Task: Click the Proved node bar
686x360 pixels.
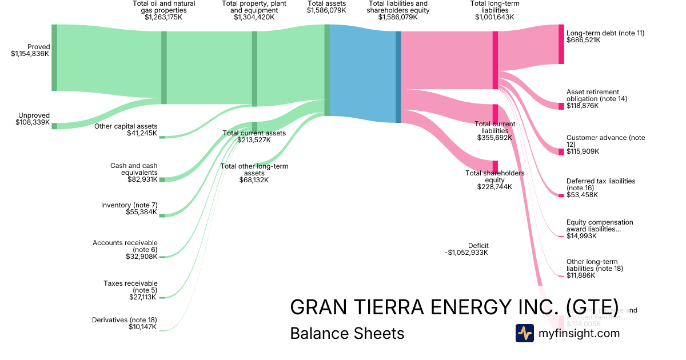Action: click(54, 58)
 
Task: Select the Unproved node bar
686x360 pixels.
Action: click(54, 126)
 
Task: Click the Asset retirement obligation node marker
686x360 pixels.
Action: click(561, 106)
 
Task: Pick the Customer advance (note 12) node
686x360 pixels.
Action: click(561, 151)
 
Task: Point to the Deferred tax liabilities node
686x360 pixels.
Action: click(561, 195)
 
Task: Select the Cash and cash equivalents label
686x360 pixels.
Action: click(134, 169)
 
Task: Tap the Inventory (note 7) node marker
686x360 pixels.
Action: click(162, 215)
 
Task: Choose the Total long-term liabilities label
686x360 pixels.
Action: click(494, 7)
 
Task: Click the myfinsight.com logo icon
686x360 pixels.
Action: click(524, 333)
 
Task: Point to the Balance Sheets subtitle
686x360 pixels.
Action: click(347, 333)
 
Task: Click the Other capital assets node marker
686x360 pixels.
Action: click(162, 137)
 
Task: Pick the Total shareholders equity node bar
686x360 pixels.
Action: click(495, 166)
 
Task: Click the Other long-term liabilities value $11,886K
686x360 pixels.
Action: click(581, 275)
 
